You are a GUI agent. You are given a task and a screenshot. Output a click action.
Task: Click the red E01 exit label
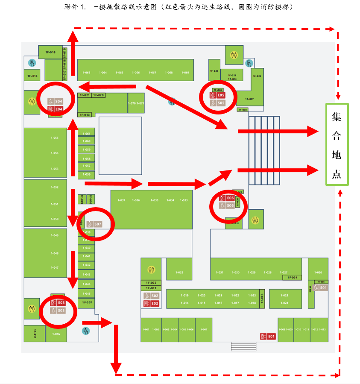tap(267, 337)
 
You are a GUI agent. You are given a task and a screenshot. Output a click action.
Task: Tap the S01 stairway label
tap(320, 288)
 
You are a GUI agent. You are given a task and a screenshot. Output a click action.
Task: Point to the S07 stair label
tap(94, 224)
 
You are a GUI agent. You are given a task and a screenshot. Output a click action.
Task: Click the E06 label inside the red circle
tap(227, 198)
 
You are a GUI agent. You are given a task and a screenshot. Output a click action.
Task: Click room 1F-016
tap(50, 52)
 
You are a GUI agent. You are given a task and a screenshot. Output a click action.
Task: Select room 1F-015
tap(32, 76)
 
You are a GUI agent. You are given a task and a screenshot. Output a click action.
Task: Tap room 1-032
tap(179, 272)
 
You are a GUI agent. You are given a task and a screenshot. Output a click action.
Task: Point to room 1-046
tap(56, 334)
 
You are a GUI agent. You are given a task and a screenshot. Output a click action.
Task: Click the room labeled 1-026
tap(318, 272)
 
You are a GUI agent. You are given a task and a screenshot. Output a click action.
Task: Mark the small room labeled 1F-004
tap(292, 278)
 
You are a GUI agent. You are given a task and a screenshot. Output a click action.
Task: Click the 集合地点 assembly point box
tap(337, 144)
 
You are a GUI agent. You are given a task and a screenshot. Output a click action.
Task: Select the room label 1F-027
tap(249, 99)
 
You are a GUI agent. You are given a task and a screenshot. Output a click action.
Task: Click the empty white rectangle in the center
tap(120, 146)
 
